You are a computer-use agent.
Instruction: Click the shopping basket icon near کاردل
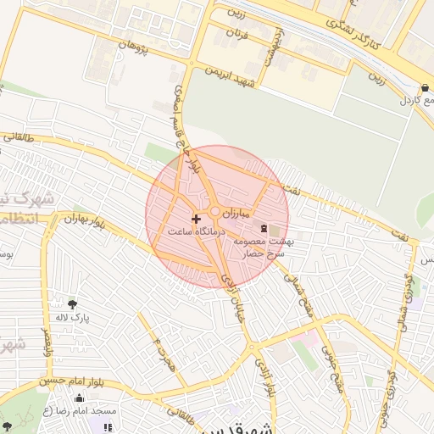pyautogui.click(x=424, y=87)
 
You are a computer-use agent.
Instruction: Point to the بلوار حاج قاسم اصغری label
pyautogui.click(x=187, y=121)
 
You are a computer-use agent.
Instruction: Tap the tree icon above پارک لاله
pyautogui.click(x=72, y=303)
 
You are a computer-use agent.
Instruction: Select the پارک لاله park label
pyautogui.click(x=73, y=317)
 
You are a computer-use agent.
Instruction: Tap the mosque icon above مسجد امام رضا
pyautogui.click(x=108, y=410)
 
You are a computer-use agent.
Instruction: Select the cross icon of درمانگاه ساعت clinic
pyautogui.click(x=197, y=219)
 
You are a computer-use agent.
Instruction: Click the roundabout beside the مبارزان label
pyautogui.click(x=217, y=212)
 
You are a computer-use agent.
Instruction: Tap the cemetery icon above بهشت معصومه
pyautogui.click(x=263, y=228)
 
